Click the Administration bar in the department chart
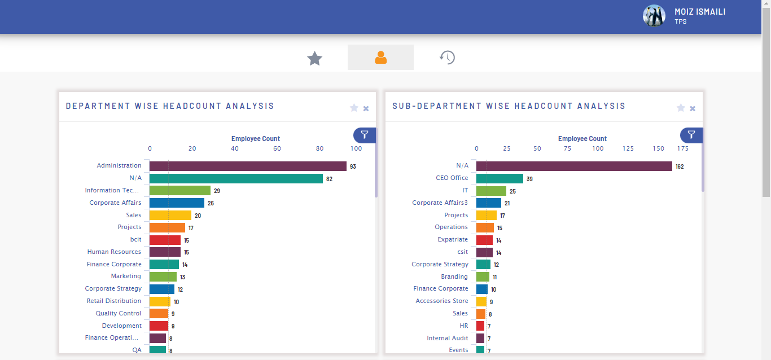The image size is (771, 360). point(248,166)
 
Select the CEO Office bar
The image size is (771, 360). point(500,178)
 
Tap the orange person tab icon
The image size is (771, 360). point(380,58)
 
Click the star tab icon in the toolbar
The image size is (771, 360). point(314,58)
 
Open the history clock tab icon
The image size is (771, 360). point(447,58)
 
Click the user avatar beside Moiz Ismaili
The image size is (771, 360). point(654,16)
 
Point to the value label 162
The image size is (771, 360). point(680,166)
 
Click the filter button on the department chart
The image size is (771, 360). point(365,135)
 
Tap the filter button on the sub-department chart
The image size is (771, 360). point(691,135)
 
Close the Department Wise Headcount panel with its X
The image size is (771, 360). point(366,108)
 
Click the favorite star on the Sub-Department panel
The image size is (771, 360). point(681,108)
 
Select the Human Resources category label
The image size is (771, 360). point(114,252)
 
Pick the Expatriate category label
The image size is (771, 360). point(453,239)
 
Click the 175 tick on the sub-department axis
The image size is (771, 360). point(683,148)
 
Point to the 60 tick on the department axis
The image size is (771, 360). point(277,148)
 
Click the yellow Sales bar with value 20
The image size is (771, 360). point(170,215)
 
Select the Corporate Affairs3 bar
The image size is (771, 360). point(489,203)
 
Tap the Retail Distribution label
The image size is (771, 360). point(113,301)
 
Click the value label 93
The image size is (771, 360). point(353,166)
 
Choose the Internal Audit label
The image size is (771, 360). point(447,338)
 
